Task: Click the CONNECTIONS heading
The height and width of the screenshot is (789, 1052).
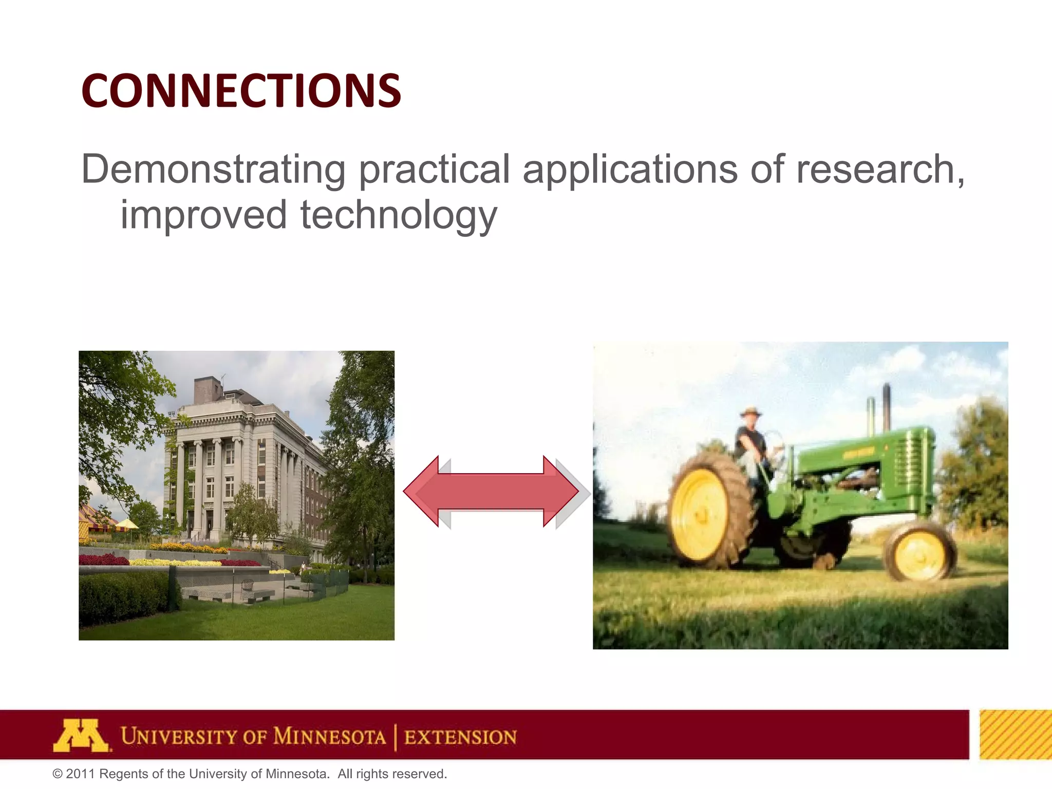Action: point(240,91)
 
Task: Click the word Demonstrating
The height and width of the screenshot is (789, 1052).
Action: point(213,170)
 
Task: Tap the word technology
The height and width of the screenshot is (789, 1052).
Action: point(398,216)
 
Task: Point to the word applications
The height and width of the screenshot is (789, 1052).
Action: point(630,170)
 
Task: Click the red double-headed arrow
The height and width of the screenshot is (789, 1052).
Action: point(491,492)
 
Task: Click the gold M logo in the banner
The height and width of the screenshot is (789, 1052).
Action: point(81,736)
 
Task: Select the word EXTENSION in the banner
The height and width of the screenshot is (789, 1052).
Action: point(460,737)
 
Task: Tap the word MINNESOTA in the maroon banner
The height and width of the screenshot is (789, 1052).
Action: point(329,737)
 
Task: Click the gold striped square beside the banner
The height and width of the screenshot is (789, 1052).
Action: point(1015,735)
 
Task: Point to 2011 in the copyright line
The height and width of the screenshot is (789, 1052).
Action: point(80,774)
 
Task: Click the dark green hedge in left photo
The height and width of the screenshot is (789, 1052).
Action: point(123,596)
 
